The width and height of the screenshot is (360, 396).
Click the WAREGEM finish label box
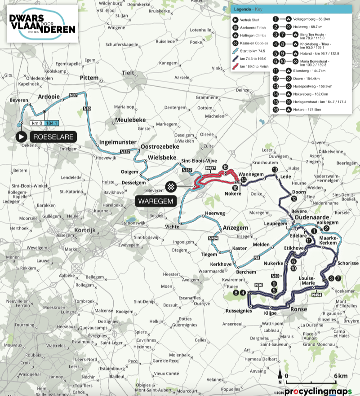(x=156, y=201)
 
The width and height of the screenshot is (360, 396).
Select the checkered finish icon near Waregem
(x=171, y=186)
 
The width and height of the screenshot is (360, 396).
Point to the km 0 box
(x=36, y=123)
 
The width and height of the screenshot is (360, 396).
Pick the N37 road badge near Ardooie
(x=74, y=95)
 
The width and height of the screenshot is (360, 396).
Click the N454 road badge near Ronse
(x=317, y=295)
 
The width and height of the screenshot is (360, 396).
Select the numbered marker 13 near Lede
(x=275, y=169)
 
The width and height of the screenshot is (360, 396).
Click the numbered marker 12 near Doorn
(x=294, y=198)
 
